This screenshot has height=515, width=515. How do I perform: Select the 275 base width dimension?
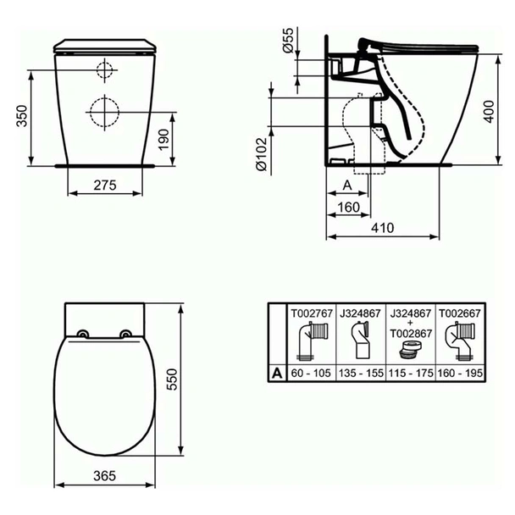(103, 184)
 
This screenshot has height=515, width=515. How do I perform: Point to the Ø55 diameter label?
(287, 42)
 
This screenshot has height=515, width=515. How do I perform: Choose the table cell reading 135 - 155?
(362, 371)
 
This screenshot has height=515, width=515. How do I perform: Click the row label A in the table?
(276, 371)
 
